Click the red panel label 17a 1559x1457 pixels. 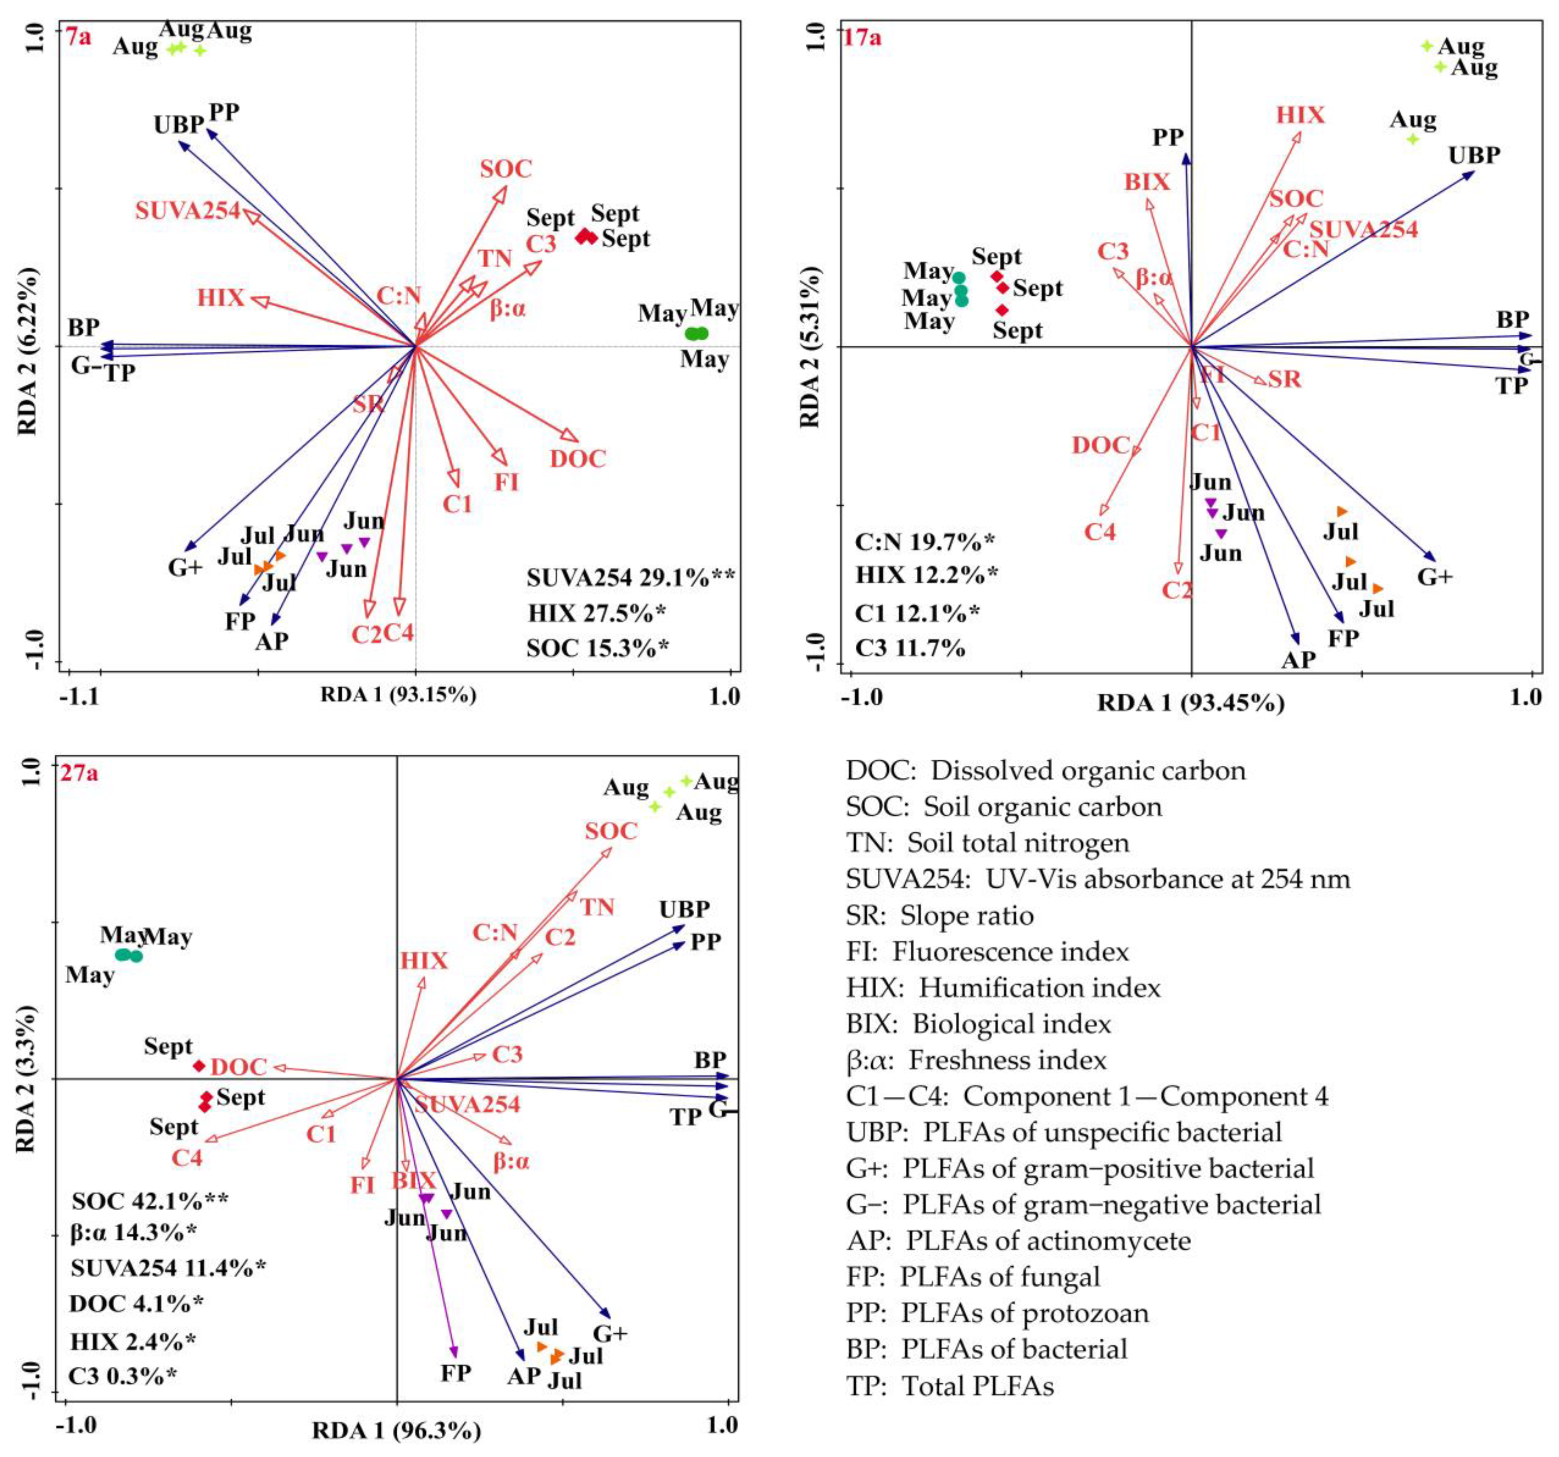coord(862,37)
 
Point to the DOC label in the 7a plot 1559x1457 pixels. coord(578,459)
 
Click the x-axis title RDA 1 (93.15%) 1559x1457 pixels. coord(398,695)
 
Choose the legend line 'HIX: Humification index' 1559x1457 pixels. coord(1003,988)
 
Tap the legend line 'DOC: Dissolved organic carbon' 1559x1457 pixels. coord(1045,771)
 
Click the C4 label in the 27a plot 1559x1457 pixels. coord(187,1157)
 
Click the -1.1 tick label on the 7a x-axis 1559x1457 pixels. coord(81,696)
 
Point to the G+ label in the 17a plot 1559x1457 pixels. coord(1434,577)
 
